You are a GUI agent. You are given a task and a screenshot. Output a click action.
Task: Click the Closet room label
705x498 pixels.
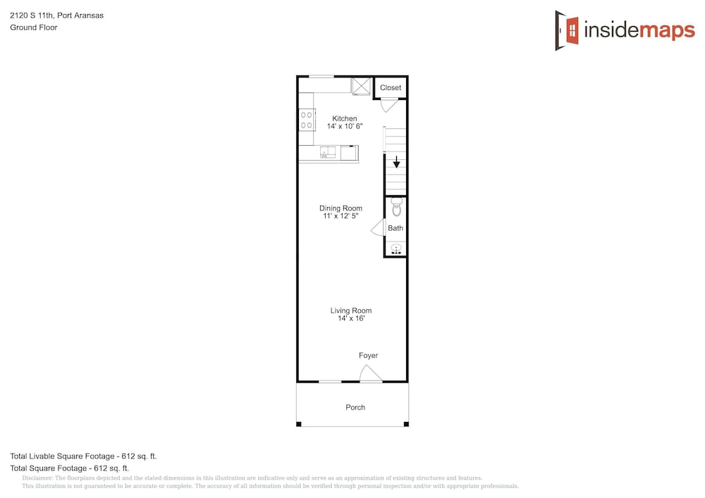[x=391, y=87]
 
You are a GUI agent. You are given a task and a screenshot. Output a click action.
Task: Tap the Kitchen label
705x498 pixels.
[x=345, y=118]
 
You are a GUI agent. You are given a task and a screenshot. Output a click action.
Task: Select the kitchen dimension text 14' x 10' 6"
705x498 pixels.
[x=345, y=126]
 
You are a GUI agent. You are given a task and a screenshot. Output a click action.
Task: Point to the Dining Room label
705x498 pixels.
[x=341, y=208]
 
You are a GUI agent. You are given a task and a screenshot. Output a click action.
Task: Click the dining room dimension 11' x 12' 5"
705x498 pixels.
[x=341, y=216]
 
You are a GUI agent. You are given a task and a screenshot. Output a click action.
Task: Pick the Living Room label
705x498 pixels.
[x=351, y=311]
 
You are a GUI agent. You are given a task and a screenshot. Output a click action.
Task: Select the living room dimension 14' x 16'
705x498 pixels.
[x=351, y=318]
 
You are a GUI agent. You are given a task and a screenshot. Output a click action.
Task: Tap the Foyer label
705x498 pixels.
[x=368, y=356]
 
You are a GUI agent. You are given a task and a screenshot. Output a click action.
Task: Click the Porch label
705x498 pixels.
[x=355, y=407]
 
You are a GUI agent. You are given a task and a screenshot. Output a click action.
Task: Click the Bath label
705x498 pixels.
[x=396, y=228]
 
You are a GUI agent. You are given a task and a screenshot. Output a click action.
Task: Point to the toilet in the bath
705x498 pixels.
[x=396, y=207]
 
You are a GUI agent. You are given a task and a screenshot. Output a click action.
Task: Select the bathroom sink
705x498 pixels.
[x=396, y=249]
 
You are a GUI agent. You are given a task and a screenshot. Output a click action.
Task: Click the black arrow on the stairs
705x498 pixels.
[x=396, y=161]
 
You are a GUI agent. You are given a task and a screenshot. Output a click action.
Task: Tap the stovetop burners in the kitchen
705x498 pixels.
[x=307, y=120]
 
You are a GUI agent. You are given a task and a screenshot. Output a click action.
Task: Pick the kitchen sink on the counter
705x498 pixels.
[x=328, y=153]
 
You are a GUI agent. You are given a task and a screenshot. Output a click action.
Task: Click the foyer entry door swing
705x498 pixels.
[x=371, y=373]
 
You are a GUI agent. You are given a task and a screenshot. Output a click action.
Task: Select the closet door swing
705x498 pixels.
[x=389, y=105]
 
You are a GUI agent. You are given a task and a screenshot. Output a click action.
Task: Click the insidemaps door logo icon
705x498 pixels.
[x=567, y=30]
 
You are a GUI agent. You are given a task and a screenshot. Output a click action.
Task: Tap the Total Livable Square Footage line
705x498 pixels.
[x=83, y=456]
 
